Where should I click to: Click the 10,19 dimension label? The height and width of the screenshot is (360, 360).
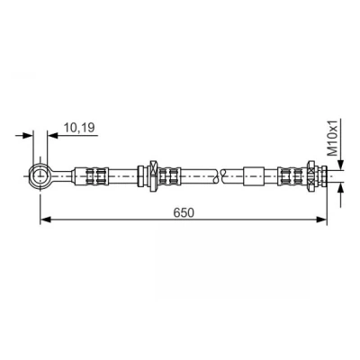79,128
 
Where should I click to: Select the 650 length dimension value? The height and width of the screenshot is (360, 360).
184,212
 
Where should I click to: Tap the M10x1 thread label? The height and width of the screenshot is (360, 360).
332,138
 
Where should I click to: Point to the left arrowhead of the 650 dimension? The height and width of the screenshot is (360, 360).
45,220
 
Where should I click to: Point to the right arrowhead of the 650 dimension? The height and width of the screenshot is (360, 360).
322,220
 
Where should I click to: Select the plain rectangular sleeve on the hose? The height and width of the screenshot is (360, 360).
254,176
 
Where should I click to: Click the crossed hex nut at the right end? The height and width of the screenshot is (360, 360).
311,175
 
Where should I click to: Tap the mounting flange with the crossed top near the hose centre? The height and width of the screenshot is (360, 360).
152,175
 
